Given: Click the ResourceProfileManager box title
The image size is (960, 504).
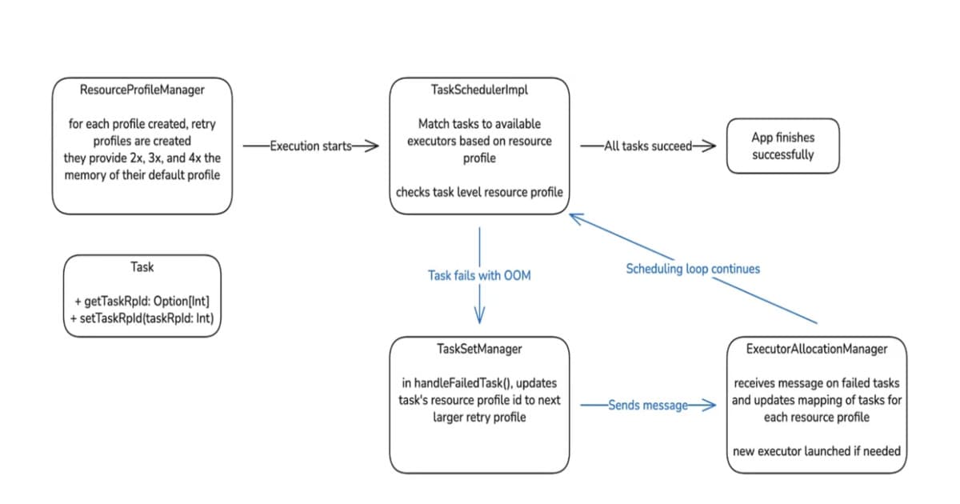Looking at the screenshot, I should click(x=142, y=90).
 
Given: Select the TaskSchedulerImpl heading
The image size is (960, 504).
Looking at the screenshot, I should click(x=479, y=90).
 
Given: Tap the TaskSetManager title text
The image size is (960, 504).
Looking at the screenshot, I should click(x=479, y=349).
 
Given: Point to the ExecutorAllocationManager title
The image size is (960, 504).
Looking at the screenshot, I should click(x=816, y=349).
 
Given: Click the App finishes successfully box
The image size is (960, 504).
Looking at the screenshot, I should click(x=782, y=146).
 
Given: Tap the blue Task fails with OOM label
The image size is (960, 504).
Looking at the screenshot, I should click(x=479, y=275).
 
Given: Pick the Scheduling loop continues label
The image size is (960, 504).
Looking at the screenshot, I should click(x=693, y=269).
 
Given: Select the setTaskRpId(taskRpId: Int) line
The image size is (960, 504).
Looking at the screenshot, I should click(x=142, y=318).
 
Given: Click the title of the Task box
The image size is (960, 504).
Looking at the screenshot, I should click(x=142, y=266).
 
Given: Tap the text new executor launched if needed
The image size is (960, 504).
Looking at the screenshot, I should click(x=816, y=451).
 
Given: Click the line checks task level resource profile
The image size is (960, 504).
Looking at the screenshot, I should click(x=479, y=192).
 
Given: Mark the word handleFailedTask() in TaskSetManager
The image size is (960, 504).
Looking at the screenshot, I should click(x=461, y=382).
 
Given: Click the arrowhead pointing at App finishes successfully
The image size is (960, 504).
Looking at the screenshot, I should click(x=709, y=146).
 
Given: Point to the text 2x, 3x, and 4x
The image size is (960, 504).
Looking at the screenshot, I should click(x=166, y=158).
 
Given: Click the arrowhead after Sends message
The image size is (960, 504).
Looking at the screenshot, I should click(x=709, y=406).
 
